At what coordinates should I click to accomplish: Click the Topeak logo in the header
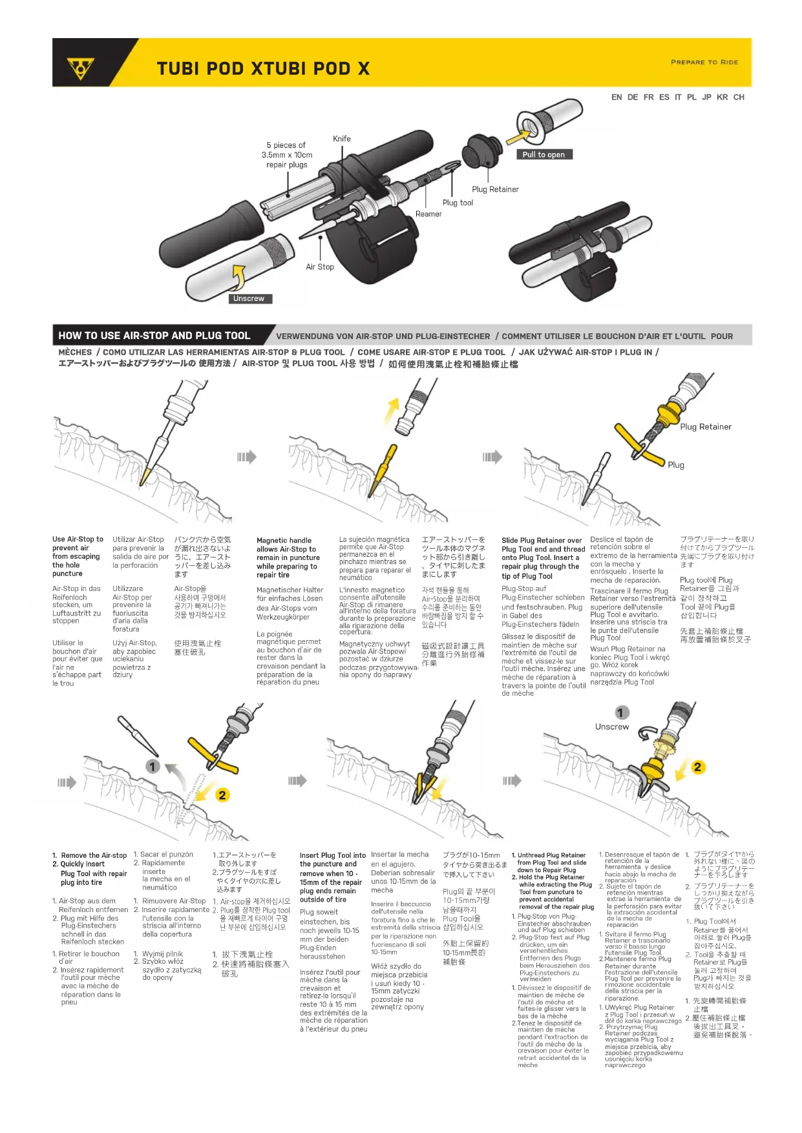coord(81,67)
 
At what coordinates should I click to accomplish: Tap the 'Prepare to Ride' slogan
coord(704,62)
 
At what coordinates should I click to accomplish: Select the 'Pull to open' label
coord(543,154)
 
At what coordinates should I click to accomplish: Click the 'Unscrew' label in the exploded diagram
coord(249,298)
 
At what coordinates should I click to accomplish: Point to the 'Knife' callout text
coord(342,139)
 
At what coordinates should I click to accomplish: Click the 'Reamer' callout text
coord(428,214)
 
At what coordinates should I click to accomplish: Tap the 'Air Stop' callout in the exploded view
coord(320,267)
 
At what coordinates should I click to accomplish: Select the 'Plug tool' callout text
coord(458,203)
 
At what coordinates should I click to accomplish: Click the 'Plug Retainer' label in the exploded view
coord(495,189)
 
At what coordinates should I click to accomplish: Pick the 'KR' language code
coord(722,97)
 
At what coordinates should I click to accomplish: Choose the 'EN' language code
coord(617,97)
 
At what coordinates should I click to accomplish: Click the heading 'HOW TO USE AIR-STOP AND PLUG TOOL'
coord(154,336)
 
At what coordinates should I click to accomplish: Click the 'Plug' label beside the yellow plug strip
coord(676,465)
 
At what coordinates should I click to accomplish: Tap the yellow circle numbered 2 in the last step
coord(697,767)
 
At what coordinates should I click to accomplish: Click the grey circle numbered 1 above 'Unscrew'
coord(620,712)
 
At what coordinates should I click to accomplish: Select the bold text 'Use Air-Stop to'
coord(78,539)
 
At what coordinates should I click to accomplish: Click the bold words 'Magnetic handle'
coord(284,541)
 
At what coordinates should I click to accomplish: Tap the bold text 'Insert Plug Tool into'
coord(332,855)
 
